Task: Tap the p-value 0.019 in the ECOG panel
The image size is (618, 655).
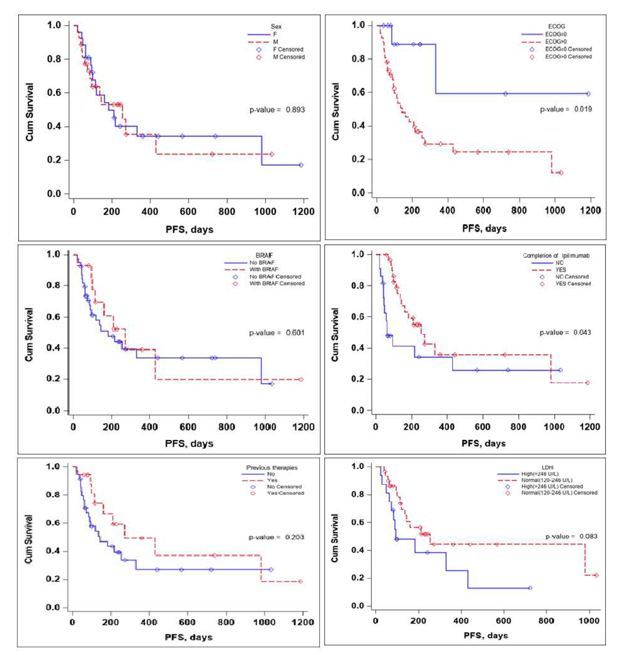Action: coord(566,109)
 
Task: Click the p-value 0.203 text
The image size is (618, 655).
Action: coord(276,537)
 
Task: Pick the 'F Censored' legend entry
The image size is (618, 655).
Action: coord(288,50)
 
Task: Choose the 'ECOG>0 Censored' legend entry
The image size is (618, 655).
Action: coord(569,57)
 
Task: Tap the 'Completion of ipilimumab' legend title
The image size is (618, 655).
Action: coord(556,256)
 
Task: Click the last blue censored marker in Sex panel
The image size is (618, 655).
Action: coord(301,165)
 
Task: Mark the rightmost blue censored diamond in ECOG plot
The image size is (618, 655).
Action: coord(588,94)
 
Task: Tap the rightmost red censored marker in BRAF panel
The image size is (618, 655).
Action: coord(301,380)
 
